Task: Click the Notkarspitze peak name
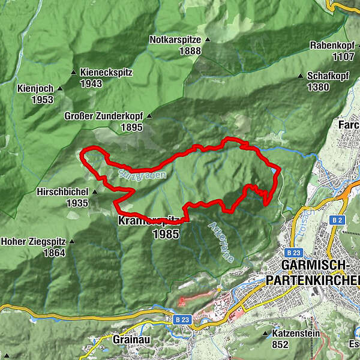click(x=176, y=40)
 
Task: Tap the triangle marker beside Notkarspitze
click(x=208, y=40)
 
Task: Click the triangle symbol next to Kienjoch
click(x=60, y=89)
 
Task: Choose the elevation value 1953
click(x=43, y=100)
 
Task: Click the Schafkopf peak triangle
click(x=301, y=77)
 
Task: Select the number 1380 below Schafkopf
click(x=318, y=88)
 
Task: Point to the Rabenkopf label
click(x=329, y=46)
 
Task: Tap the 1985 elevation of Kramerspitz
click(x=166, y=235)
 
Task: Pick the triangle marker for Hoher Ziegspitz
click(x=73, y=242)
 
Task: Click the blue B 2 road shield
click(x=336, y=220)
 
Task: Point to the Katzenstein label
click(x=296, y=333)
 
